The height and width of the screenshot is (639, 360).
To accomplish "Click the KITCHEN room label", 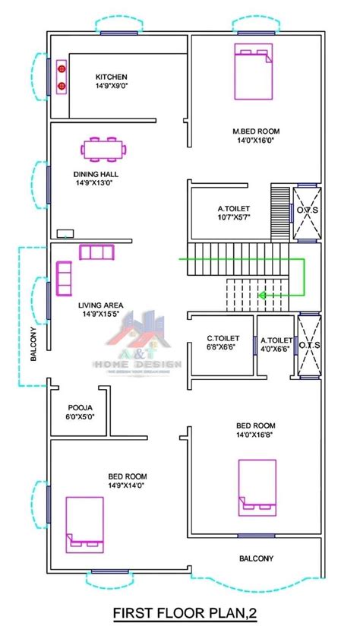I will (111, 78).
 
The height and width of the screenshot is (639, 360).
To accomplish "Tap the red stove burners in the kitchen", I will (62, 78).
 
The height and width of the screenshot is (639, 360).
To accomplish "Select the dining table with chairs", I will (103, 149).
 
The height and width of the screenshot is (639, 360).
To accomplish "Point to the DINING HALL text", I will (96, 175).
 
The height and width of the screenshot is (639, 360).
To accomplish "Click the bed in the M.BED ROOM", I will (252, 71).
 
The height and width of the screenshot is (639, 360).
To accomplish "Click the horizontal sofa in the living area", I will (96, 251).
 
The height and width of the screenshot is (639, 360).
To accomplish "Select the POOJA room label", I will (81, 411).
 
